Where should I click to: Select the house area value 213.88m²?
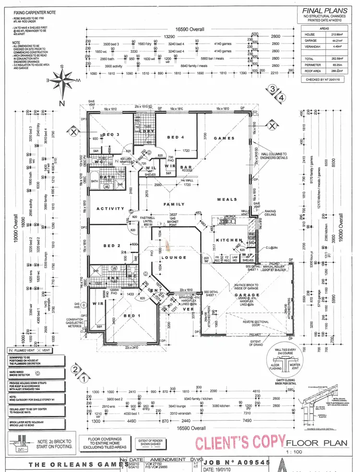(336, 34)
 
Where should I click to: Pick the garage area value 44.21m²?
(336, 40)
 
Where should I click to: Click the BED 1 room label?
(132, 316)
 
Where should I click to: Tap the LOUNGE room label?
(174, 257)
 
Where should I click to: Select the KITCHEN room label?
(228, 240)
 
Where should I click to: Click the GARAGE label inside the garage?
(247, 295)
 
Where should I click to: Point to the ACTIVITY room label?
(110, 209)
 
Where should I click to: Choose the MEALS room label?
(227, 200)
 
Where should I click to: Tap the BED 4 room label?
(175, 137)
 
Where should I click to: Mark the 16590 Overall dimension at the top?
(189, 29)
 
